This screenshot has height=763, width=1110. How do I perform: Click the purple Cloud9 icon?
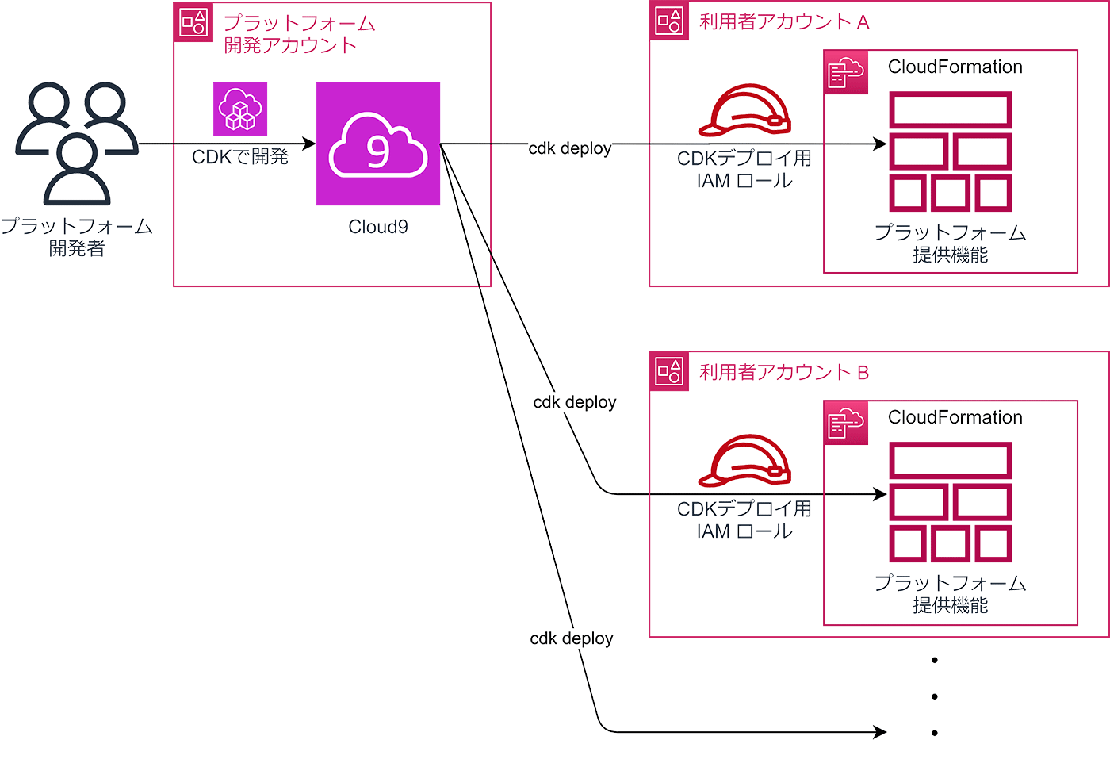tap(378, 144)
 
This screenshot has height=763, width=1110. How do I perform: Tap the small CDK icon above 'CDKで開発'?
tap(240, 109)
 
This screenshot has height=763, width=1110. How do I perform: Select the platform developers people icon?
tap(77, 143)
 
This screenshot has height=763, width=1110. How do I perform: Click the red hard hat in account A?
tap(744, 111)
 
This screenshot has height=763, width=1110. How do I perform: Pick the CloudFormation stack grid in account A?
tap(950, 151)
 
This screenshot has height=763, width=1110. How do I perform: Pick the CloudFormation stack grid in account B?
tap(950, 502)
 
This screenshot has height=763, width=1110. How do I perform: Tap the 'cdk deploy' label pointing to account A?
tap(570, 148)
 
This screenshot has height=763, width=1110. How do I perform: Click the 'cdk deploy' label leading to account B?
tap(574, 402)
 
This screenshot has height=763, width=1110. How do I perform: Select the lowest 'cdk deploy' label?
tap(571, 638)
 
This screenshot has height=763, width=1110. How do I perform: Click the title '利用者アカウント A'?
tap(783, 22)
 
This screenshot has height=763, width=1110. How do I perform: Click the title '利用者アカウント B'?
tap(783, 372)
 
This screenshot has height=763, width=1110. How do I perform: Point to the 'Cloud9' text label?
tap(378, 227)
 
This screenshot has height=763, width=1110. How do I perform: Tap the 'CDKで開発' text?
tap(240, 157)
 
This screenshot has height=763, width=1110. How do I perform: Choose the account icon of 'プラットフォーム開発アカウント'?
tap(193, 22)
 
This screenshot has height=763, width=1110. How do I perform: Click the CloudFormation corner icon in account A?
tap(846, 72)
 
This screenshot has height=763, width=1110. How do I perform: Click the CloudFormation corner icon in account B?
tap(846, 423)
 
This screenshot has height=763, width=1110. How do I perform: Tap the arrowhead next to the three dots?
tap(879, 732)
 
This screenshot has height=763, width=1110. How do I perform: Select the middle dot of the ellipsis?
tap(935, 696)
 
